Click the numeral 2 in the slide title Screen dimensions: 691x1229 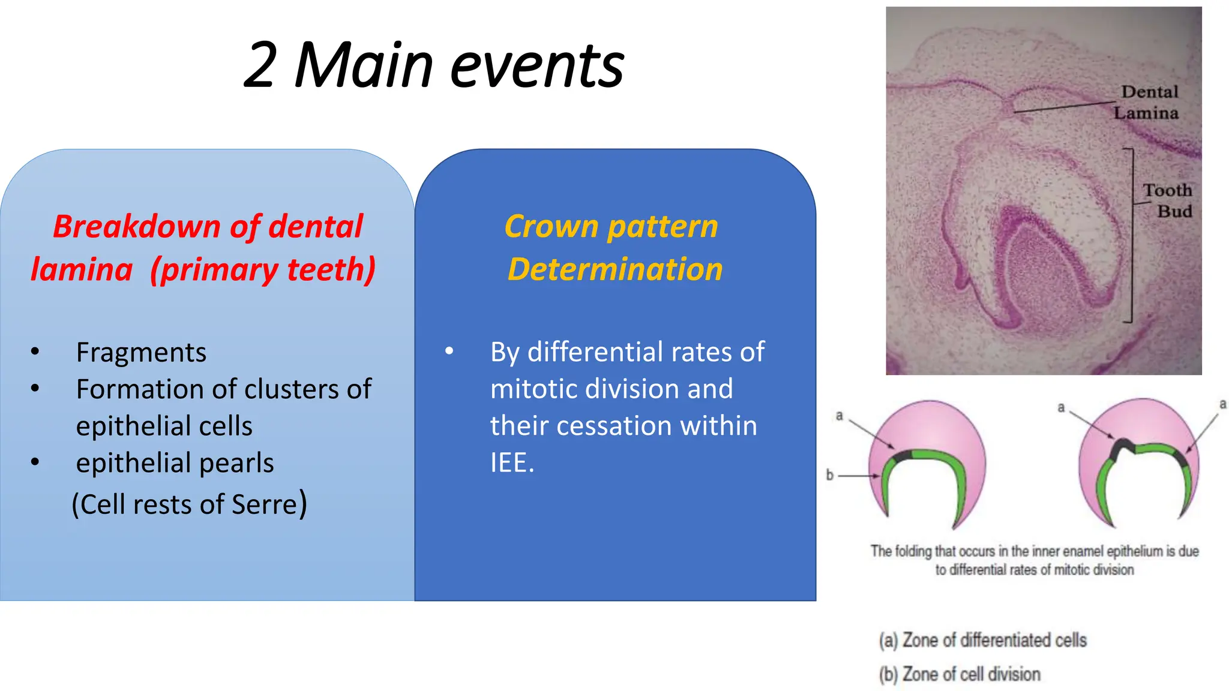[261, 65]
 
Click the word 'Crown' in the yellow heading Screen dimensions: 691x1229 [551, 227]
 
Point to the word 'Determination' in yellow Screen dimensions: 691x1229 [615, 269]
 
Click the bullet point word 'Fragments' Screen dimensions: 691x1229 [141, 353]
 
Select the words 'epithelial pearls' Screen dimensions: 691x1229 [175, 463]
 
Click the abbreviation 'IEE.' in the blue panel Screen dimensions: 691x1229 [512, 463]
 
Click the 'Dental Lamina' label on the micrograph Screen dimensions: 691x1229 [1147, 103]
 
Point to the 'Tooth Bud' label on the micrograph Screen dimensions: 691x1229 [1167, 201]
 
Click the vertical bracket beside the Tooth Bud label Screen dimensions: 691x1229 [1131, 235]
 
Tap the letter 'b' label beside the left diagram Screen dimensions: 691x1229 [830, 475]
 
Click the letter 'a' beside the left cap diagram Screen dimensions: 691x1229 [840, 416]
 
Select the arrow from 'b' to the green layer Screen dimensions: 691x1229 [858, 476]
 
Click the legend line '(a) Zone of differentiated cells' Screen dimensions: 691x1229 [982, 641]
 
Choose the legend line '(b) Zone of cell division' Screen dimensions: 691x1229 [960, 675]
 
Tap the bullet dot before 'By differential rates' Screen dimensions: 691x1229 [449, 351]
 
